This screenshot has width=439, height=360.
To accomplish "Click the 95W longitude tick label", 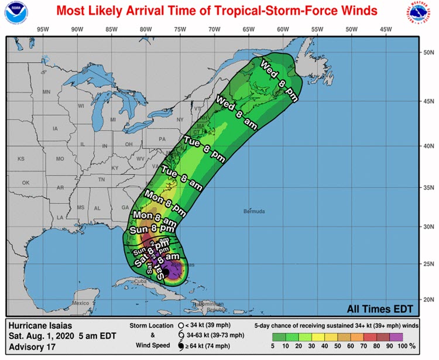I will click(x=42, y=29).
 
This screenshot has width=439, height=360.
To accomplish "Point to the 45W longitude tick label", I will click(x=386, y=29).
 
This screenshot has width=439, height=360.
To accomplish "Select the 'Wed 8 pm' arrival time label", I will click(x=279, y=81).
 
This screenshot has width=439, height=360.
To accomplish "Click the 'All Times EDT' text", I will click(x=380, y=309).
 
